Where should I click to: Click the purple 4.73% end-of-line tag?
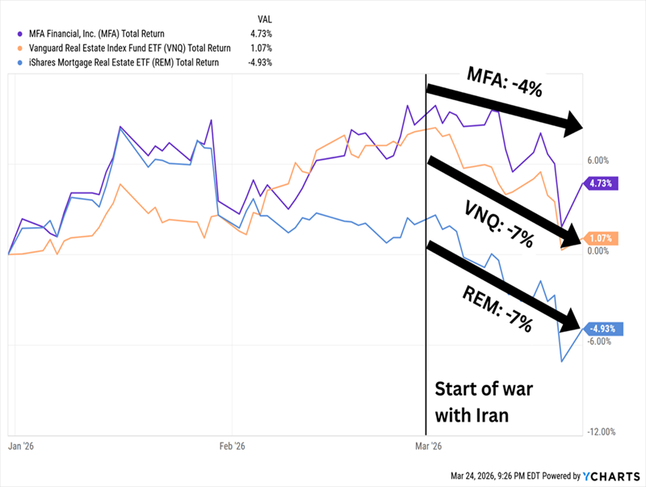click(600, 183)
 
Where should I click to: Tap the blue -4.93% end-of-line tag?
click(602, 330)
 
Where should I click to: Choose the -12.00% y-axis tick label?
click(602, 432)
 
